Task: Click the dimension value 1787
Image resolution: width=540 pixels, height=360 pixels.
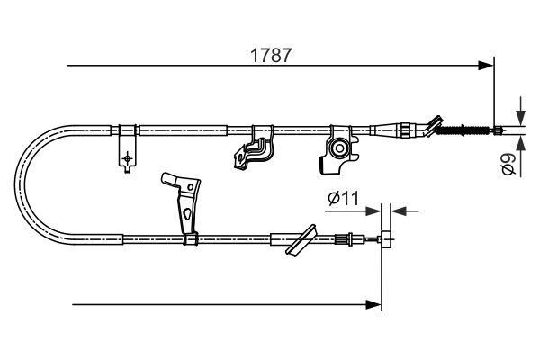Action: pyautogui.click(x=269, y=55)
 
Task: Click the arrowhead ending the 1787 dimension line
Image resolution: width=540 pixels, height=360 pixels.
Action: pyautogui.click(x=487, y=65)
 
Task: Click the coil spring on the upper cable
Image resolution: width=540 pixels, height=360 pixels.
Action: pyautogui.click(x=466, y=131)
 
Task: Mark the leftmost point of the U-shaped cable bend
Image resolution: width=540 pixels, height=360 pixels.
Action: pyautogui.click(x=20, y=184)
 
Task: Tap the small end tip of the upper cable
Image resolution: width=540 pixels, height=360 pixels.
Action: pyautogui.click(x=498, y=131)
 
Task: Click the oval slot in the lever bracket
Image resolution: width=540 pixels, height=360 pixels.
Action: pyautogui.click(x=185, y=215)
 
